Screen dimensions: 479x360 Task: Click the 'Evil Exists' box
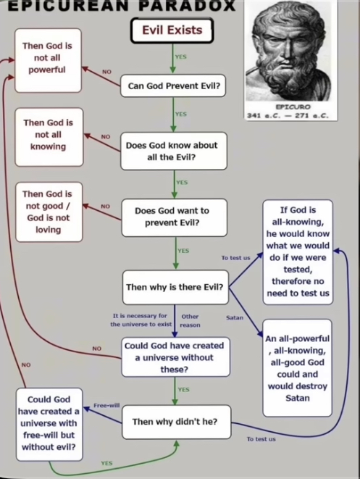(171, 31)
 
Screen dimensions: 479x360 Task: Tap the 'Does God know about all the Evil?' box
(174, 150)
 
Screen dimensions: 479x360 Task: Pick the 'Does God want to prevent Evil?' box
(174, 217)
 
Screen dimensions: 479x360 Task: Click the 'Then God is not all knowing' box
(47, 135)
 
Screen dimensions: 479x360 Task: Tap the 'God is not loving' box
(47, 212)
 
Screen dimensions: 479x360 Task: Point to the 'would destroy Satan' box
(297, 368)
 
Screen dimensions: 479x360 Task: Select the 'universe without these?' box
(175, 357)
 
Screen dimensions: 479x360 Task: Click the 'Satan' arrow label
(234, 317)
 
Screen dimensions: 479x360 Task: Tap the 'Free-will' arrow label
(106, 405)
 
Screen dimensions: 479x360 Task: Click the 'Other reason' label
(191, 320)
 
